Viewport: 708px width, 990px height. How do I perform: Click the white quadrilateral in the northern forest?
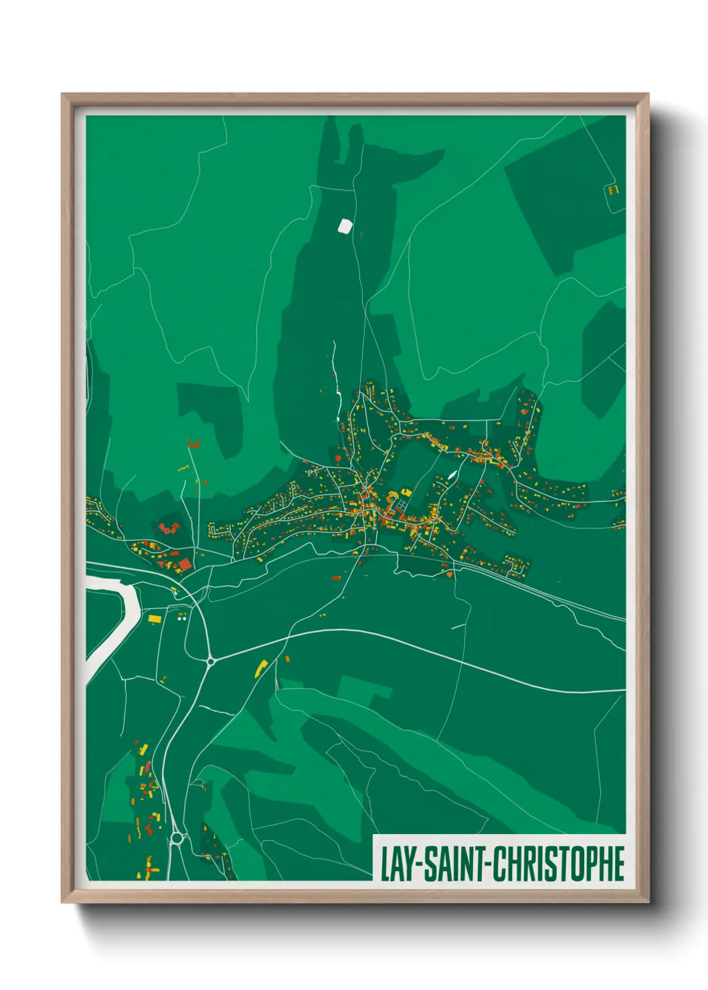click(345, 226)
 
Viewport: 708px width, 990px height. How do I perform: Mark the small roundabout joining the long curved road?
click(211, 661)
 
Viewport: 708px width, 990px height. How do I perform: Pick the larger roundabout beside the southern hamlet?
click(177, 837)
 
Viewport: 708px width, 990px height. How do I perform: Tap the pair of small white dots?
click(181, 619)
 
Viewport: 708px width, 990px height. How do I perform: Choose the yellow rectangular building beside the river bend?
click(155, 619)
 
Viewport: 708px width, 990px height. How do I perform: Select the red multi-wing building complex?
click(168, 528)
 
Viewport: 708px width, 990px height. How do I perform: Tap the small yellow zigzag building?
click(183, 468)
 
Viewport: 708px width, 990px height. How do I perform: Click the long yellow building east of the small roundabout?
click(260, 666)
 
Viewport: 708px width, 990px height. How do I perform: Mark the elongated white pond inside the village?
click(453, 474)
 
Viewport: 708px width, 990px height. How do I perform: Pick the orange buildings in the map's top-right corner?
click(612, 190)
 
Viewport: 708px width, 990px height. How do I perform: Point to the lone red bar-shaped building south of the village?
click(337, 577)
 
